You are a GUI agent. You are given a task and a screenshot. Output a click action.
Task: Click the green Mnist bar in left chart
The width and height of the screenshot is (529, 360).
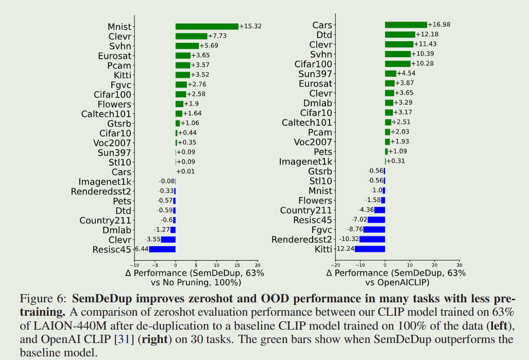tap(207, 26)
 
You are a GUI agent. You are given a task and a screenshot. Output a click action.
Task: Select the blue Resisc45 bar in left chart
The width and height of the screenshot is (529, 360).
tap(162, 249)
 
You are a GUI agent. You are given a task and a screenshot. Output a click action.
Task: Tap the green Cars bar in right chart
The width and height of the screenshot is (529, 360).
tap(406, 25)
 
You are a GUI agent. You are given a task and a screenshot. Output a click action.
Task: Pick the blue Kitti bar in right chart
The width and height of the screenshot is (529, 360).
tap(369, 249)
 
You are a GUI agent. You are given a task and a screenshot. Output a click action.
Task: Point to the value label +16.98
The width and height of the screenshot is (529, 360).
tap(439, 25)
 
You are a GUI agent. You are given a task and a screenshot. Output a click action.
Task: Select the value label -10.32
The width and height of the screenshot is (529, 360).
tap(349, 239)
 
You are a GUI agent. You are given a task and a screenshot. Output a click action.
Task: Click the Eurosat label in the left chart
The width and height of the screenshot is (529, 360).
tap(115, 56)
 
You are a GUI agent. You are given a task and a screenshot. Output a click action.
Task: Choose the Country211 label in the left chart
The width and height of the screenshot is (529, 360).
tap(105, 220)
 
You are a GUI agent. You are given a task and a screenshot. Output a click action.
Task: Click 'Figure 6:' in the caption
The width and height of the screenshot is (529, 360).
tap(43, 299)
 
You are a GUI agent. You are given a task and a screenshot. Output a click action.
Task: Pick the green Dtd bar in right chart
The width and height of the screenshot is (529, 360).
tap(400, 35)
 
